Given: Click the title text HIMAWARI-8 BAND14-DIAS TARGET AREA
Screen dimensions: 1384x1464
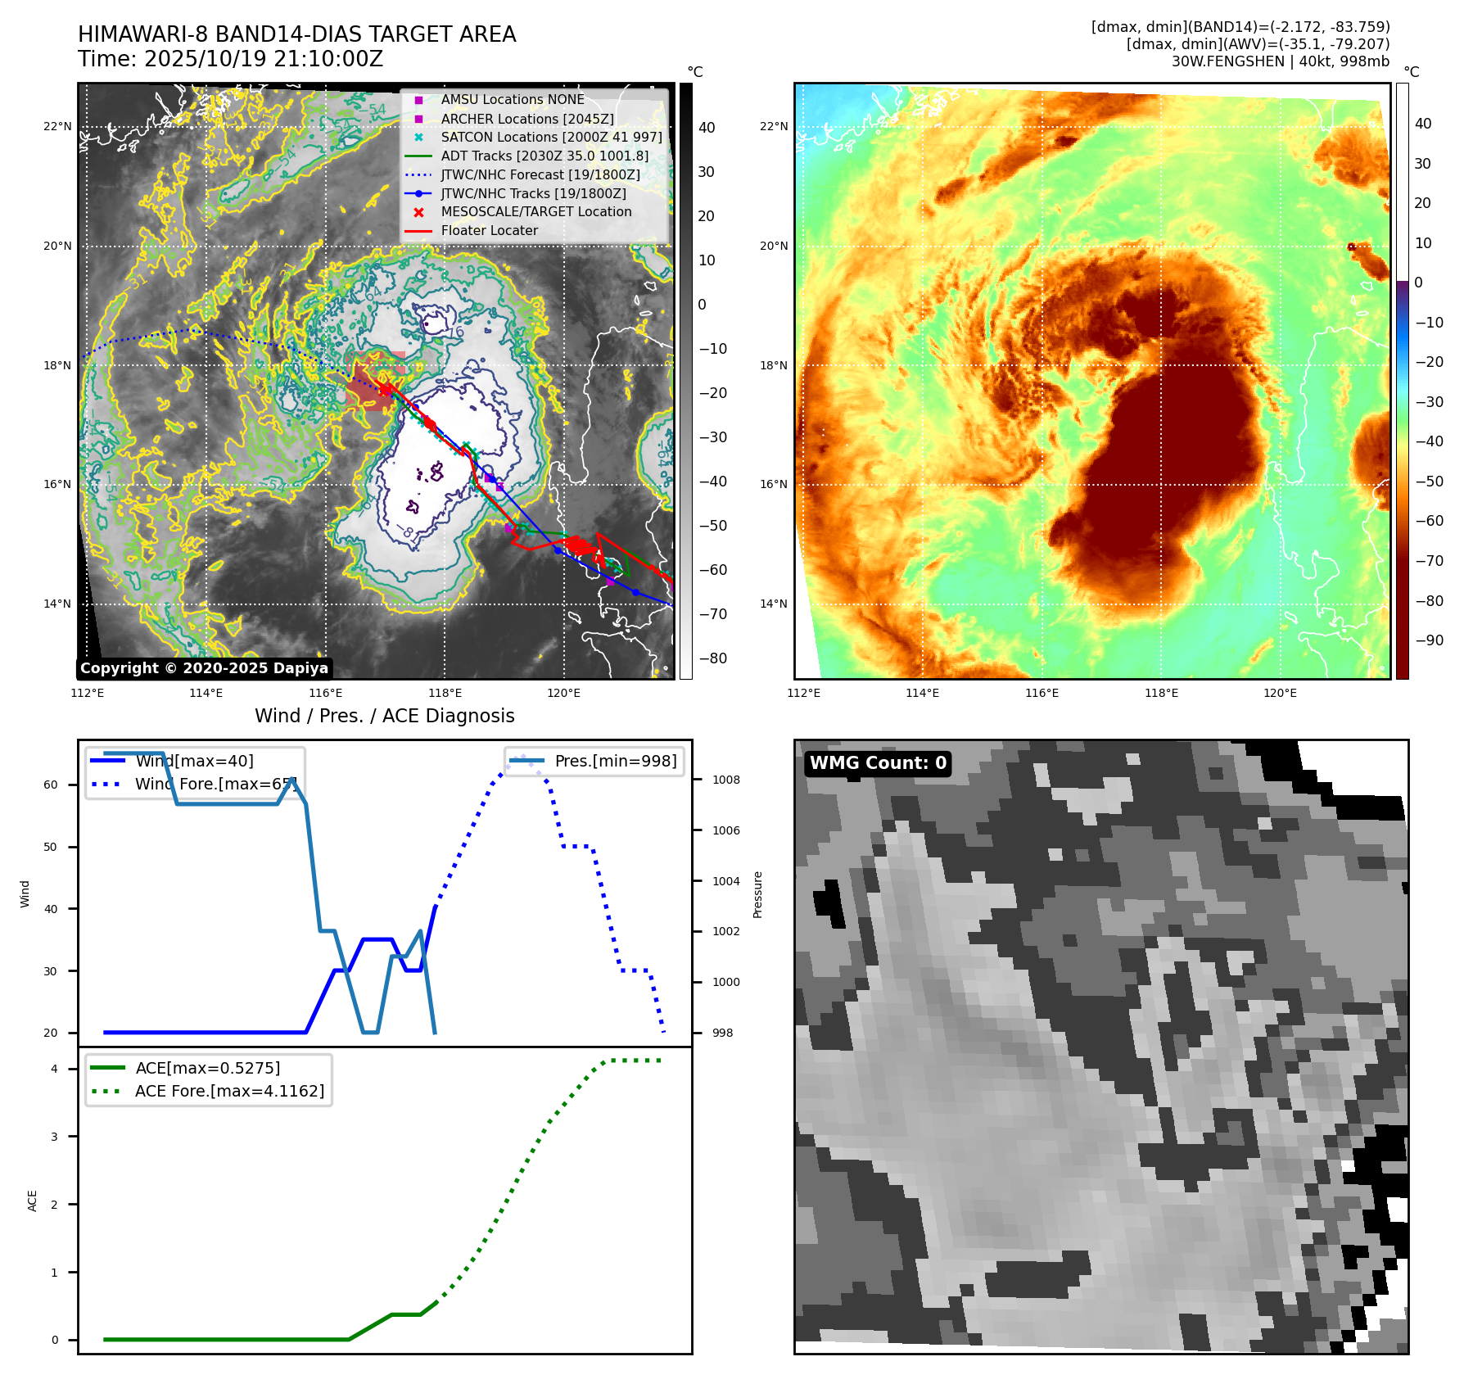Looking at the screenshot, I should (x=296, y=34).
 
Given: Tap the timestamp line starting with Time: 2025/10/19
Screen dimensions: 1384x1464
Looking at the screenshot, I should (x=230, y=59).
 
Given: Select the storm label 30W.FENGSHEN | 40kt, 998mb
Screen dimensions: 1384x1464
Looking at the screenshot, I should (x=1280, y=61).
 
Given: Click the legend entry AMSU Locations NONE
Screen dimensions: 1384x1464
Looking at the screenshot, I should (x=512, y=99).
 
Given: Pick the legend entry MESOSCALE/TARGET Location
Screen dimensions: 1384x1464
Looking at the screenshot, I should (x=535, y=212).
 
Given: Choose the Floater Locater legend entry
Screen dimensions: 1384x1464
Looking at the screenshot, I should (x=489, y=231).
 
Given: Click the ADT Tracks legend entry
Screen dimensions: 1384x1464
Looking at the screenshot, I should (x=544, y=156).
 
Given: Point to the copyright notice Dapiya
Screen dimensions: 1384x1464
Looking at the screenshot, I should (x=204, y=668).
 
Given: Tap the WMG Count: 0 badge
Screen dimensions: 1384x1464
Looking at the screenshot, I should (x=878, y=763).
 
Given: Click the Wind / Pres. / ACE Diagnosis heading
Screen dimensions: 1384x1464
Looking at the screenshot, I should (x=384, y=716).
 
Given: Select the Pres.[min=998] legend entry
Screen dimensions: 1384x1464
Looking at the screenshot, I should (x=615, y=761).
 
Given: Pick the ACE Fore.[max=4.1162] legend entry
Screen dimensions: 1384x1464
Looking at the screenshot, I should (x=229, y=1091).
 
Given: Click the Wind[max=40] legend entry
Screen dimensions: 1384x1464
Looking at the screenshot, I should (x=194, y=761).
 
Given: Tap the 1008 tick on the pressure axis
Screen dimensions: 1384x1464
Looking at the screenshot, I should (x=725, y=780).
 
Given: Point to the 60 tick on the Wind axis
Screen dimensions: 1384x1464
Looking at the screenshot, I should (x=51, y=785).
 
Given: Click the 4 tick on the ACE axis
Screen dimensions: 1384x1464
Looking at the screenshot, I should (x=54, y=1069).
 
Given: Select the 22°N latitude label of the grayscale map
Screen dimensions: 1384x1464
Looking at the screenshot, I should (x=57, y=126).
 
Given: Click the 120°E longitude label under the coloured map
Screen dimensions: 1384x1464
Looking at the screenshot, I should (x=1280, y=693).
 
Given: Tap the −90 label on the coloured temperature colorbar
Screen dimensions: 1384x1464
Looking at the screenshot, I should (x=1429, y=640).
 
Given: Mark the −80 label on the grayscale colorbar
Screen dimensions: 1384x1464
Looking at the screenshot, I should (x=712, y=658).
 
